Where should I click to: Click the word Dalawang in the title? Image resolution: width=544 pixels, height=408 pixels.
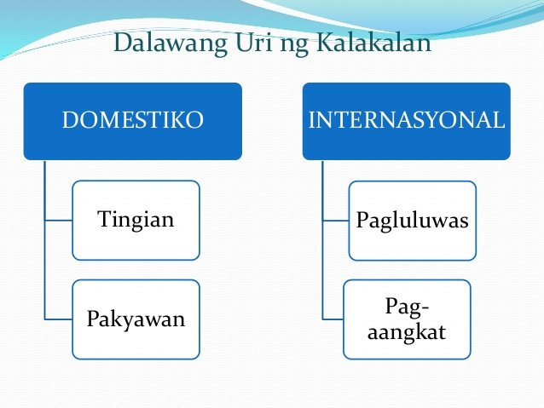170,43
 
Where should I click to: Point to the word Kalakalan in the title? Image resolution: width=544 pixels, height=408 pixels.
374,42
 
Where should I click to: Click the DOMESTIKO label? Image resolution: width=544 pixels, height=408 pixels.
132,120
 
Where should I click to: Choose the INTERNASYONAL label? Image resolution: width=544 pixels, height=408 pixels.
406,120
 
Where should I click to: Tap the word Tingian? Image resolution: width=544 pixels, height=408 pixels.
136,220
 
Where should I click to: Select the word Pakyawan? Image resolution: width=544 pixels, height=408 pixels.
136,319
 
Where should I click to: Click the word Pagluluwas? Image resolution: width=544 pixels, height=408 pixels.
412,221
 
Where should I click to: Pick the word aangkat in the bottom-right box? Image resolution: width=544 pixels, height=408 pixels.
407,332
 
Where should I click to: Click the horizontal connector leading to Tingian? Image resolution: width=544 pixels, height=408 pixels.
59,220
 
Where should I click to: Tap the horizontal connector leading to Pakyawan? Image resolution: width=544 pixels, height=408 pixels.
59,319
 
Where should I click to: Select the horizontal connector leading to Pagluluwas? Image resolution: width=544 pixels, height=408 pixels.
336,221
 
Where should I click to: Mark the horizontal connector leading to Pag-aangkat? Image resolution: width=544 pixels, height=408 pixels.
333,319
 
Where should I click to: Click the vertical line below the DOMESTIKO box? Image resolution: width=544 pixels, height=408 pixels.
44,240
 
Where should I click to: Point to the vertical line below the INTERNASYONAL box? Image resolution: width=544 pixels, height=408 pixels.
322,240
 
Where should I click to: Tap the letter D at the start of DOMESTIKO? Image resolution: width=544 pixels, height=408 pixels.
71,120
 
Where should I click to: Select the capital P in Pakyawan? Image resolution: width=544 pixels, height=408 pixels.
94,319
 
